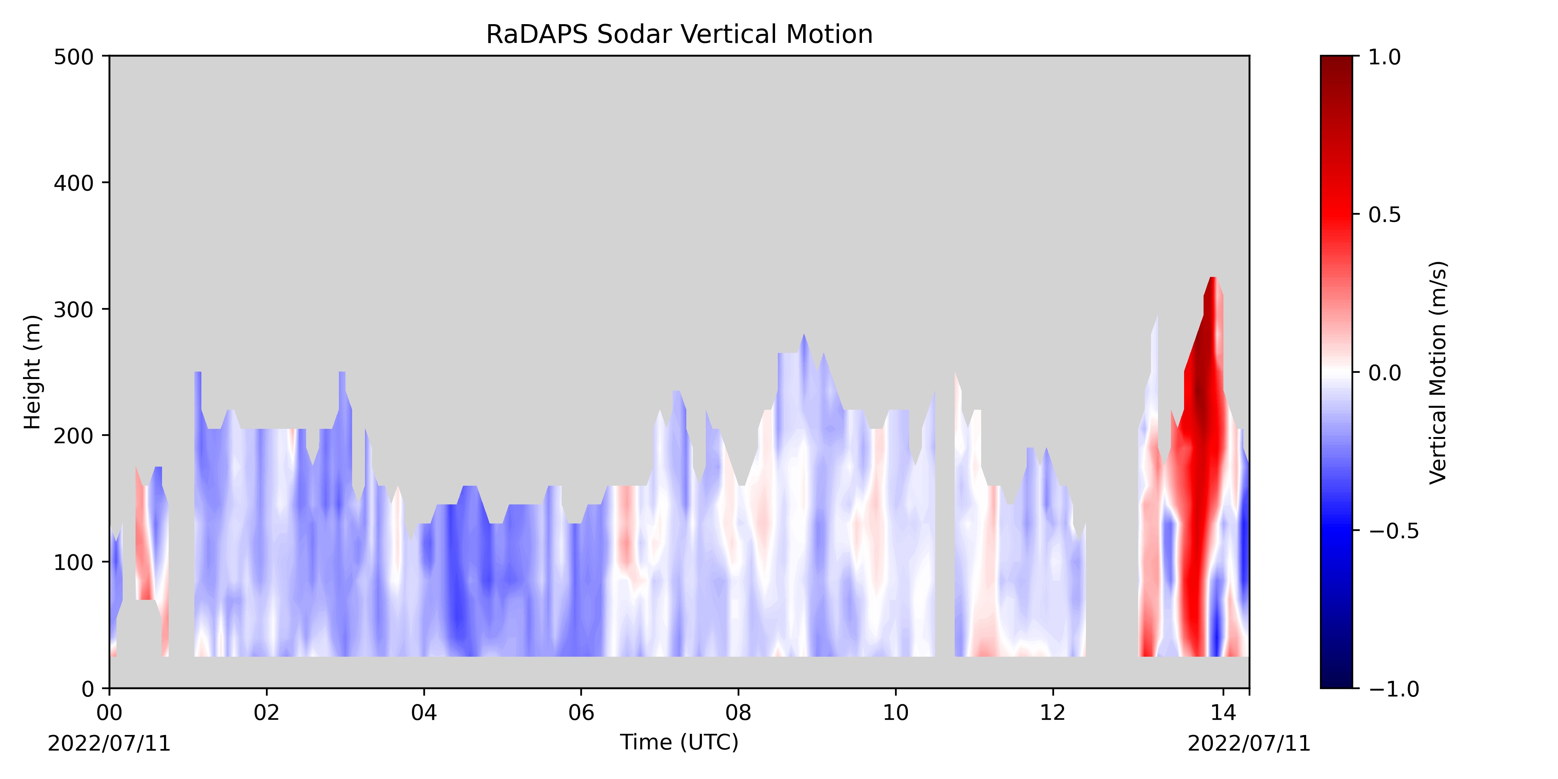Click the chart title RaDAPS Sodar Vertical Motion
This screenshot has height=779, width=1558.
679,35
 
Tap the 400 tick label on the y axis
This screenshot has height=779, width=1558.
74,183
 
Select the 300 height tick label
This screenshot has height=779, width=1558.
74,309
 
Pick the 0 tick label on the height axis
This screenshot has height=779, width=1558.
88,688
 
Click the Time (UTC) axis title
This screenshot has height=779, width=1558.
679,742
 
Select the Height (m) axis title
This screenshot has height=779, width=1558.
33,372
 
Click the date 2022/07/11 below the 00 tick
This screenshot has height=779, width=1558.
109,743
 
